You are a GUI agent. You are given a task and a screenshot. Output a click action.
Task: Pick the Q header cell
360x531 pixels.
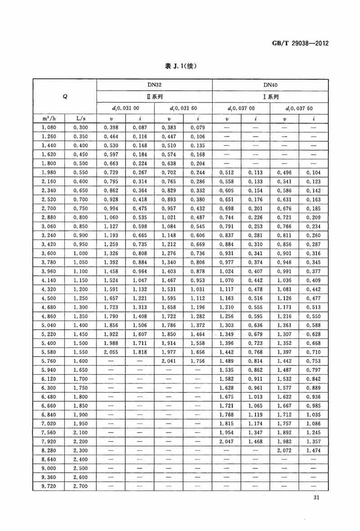[64, 96]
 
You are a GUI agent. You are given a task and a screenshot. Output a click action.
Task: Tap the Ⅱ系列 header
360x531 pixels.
[154, 96]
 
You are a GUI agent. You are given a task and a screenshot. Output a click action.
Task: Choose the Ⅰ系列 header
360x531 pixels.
[270, 96]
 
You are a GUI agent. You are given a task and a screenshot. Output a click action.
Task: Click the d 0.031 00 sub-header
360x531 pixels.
[126, 108]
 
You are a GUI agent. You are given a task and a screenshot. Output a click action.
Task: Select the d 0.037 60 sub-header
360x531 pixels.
[299, 108]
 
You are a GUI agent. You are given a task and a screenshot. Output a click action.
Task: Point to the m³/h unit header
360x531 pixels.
[49, 119]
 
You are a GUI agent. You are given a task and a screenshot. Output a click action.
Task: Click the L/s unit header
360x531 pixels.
[81, 119]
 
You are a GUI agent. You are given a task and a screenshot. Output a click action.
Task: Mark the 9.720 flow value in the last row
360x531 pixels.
[49, 486]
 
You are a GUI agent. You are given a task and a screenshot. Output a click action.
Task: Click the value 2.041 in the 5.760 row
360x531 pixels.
[169, 360]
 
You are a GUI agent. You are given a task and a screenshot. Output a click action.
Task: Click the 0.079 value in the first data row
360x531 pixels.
[198, 128]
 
